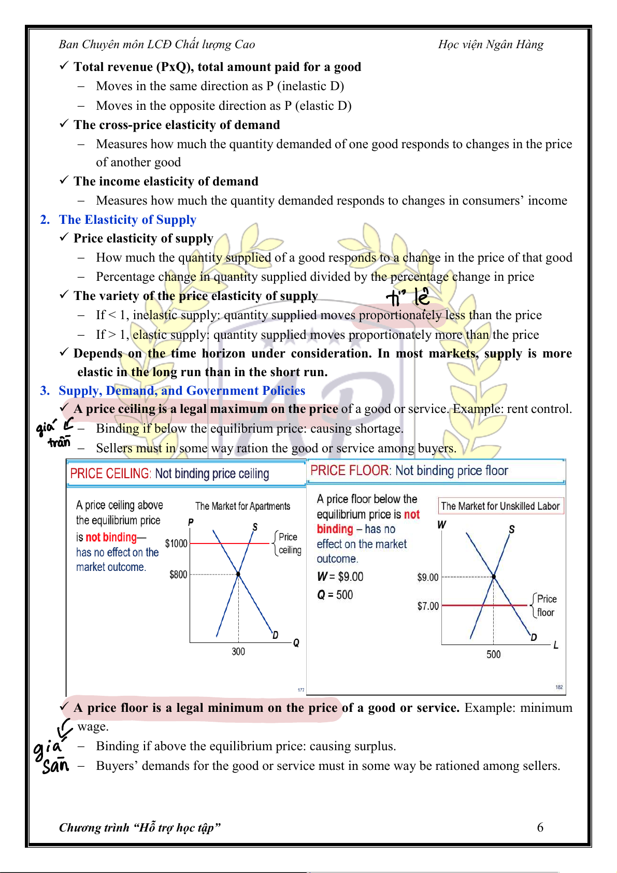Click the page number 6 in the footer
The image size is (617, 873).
tap(540, 827)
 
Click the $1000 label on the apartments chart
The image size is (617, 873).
tap(176, 543)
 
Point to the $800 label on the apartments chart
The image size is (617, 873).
tap(178, 575)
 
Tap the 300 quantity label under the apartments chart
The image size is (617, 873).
tap(238, 651)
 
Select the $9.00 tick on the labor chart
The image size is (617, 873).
tap(428, 577)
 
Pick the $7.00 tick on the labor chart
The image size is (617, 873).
tap(428, 606)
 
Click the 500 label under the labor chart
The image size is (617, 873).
tap(494, 654)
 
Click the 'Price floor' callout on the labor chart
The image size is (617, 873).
tap(546, 606)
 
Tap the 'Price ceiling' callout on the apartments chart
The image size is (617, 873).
tap(289, 543)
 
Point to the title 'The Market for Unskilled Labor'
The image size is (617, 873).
tap(500, 506)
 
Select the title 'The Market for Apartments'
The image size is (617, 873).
tap(242, 506)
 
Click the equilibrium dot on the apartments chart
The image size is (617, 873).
tap(238, 574)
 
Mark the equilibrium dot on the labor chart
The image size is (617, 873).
tap(494, 577)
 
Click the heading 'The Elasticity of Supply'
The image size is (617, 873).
tap(127, 220)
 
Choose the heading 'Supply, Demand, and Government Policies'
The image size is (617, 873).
tap(181, 391)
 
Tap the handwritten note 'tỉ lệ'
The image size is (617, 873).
tap(408, 297)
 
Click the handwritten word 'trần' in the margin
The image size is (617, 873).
tap(59, 442)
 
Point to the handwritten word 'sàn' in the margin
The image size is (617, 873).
tap(56, 766)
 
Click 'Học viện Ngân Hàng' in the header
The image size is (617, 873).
tap(491, 45)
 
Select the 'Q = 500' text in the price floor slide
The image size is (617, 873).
tap(335, 595)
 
